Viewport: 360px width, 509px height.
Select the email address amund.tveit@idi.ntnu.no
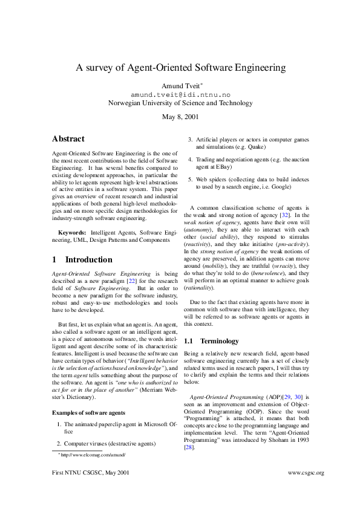180,95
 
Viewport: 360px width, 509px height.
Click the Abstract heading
68,139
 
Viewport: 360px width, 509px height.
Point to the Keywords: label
71,232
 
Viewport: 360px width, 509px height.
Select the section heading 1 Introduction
82,260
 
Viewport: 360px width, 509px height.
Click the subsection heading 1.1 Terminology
211,341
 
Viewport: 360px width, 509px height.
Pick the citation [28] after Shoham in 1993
189,447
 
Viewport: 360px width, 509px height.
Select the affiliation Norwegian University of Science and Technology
180,103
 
